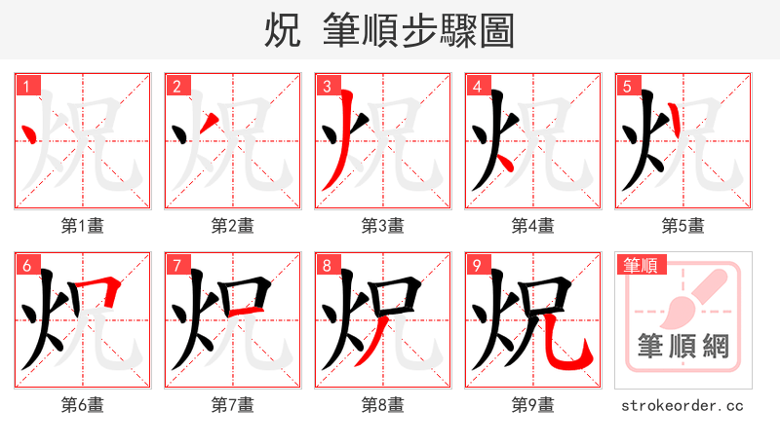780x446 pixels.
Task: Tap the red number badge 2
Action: (x=176, y=86)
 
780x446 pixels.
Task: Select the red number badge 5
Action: (x=627, y=86)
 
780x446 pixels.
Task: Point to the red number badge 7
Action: (x=176, y=265)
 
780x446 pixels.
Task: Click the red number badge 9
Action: (x=477, y=265)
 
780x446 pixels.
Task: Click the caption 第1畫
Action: (x=83, y=226)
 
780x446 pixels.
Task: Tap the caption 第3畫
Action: (x=383, y=226)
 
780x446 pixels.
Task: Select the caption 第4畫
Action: (x=533, y=226)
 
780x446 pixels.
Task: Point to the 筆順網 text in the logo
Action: (x=683, y=347)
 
